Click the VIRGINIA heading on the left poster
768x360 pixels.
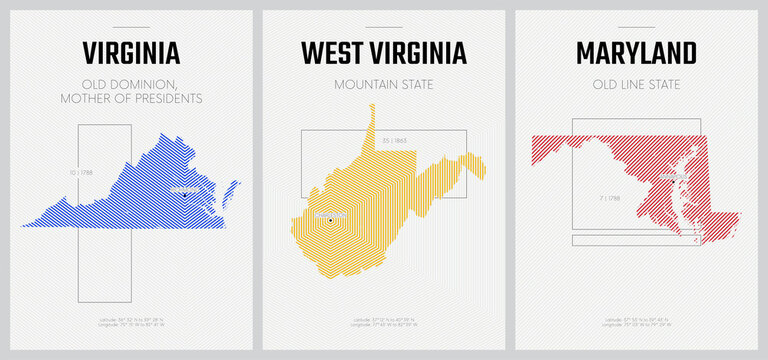pyautogui.click(x=130, y=52)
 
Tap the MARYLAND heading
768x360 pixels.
pyautogui.click(x=636, y=52)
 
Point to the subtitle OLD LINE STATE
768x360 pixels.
pyautogui.click(x=636, y=84)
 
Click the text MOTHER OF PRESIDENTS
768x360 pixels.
pyautogui.click(x=130, y=98)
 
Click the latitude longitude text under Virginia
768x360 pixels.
pyautogui.click(x=130, y=322)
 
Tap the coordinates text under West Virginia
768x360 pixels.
pyautogui.click(x=383, y=322)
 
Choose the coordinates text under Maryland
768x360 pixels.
pyautogui.click(x=636, y=322)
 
